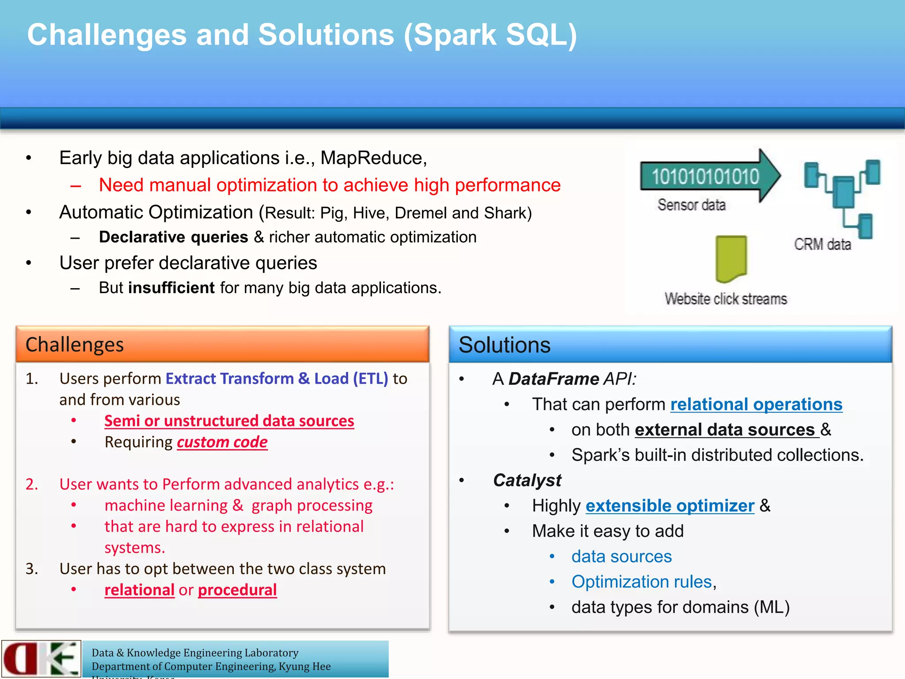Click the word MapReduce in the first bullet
pyautogui.click(x=372, y=158)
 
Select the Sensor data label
pyautogui.click(x=691, y=205)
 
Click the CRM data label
pyautogui.click(x=822, y=244)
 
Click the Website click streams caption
pyautogui.click(x=726, y=299)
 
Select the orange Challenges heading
pyautogui.click(x=74, y=345)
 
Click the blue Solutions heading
pyautogui.click(x=504, y=345)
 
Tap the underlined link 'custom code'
pyautogui.click(x=222, y=442)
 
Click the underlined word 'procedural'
pyautogui.click(x=237, y=590)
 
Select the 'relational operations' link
pyautogui.click(x=756, y=404)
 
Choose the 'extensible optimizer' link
pyautogui.click(x=669, y=506)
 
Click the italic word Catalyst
pyautogui.click(x=527, y=481)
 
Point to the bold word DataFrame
pyautogui.click(x=553, y=379)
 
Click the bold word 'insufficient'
pyautogui.click(x=171, y=288)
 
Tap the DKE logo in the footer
pyautogui.click(x=41, y=659)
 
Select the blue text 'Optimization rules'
pyautogui.click(x=641, y=582)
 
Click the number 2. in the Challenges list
pyautogui.click(x=32, y=484)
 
